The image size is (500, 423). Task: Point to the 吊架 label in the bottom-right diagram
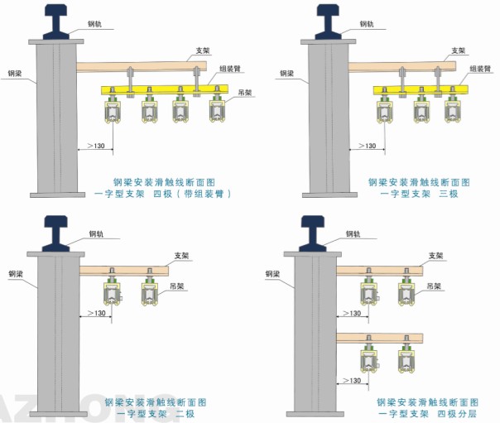tap(435, 286)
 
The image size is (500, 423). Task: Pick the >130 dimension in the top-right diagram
tap(368, 147)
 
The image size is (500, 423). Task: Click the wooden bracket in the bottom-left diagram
tap(124, 271)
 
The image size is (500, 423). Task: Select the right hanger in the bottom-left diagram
tap(149, 294)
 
